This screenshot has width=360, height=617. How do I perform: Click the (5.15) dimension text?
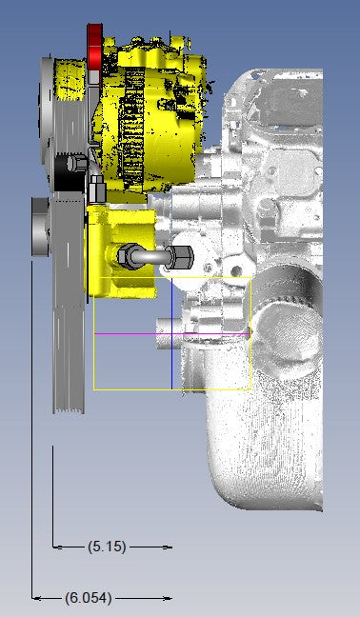click(x=107, y=547)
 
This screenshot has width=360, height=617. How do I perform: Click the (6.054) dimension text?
click(x=89, y=598)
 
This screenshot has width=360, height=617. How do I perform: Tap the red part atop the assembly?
click(x=95, y=48)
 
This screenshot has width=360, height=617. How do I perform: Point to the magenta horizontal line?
click(x=172, y=334)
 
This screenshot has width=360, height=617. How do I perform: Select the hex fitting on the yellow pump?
click(x=127, y=256)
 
